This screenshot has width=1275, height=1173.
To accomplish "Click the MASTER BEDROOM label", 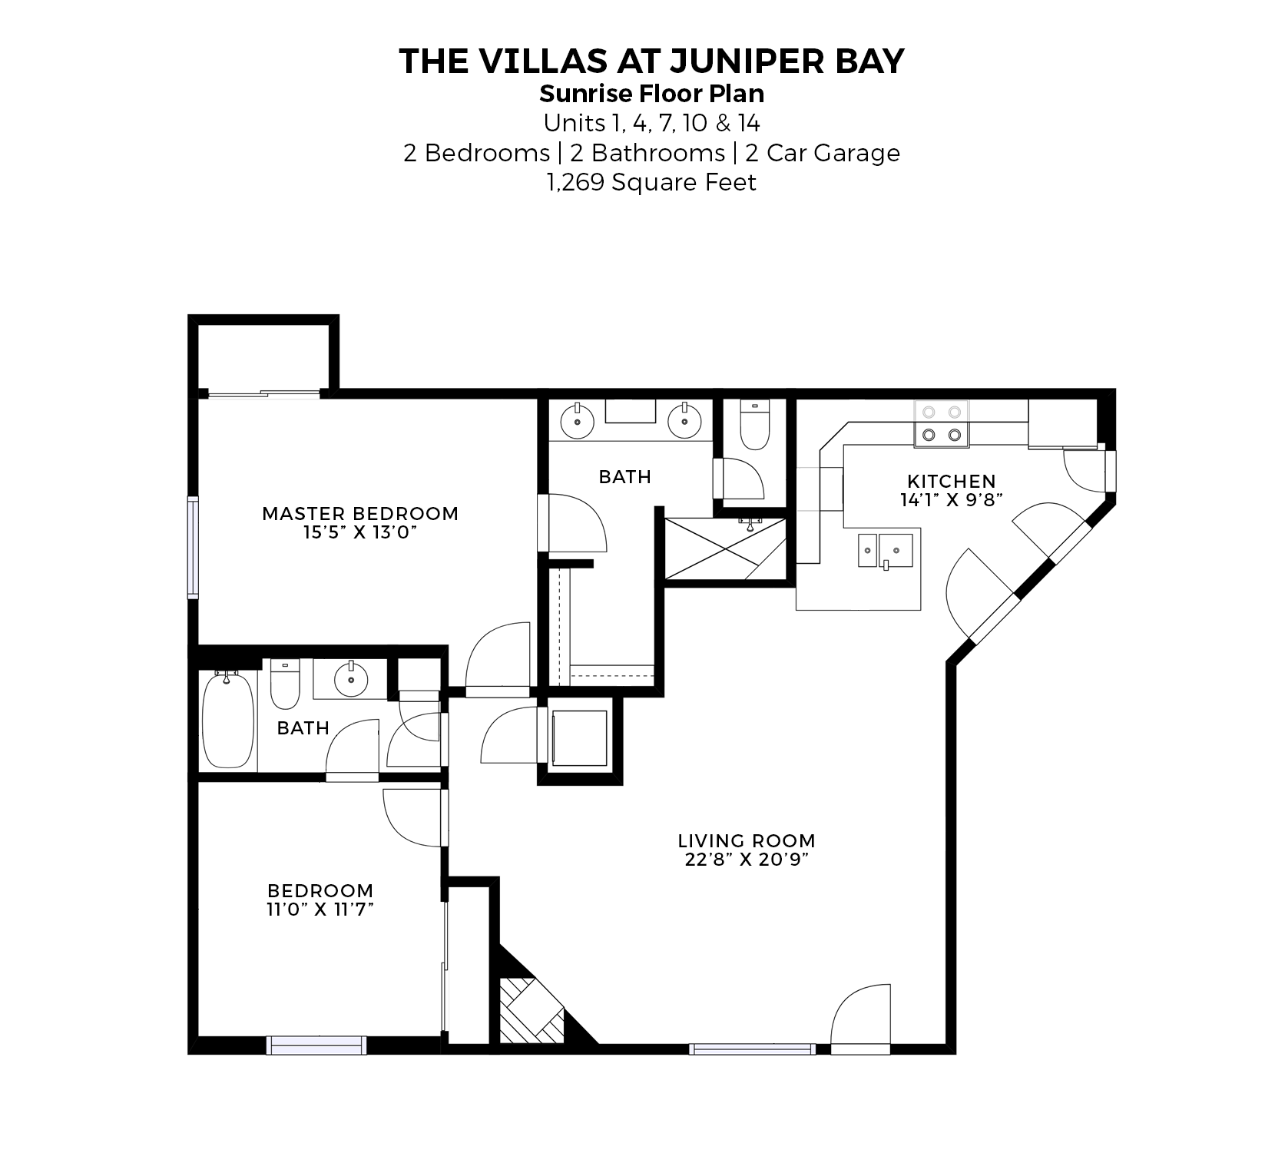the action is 360,513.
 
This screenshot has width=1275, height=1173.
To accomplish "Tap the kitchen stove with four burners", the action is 942,424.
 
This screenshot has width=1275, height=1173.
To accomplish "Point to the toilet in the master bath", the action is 754,426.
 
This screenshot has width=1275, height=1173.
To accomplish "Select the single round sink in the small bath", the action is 351,678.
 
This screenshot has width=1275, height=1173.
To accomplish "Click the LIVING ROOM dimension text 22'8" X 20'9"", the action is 747,859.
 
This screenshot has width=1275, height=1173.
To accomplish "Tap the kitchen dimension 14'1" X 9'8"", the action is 952,499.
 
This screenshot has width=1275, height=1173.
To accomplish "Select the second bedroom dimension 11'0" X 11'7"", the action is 320,909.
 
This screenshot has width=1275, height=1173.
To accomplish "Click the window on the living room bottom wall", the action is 752,1049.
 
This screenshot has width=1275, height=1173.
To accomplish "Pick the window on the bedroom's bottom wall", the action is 316,1045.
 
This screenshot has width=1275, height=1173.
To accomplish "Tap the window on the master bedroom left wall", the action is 193,547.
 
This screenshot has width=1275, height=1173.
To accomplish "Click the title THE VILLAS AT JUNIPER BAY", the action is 652,61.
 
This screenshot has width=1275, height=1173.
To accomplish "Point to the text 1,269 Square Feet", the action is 651,183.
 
